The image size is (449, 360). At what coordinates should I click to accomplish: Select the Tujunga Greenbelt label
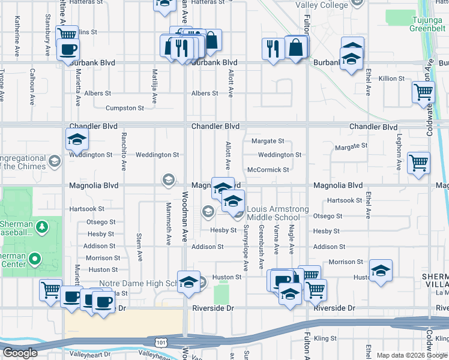click(426, 24)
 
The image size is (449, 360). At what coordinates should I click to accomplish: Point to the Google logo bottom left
click(19, 353)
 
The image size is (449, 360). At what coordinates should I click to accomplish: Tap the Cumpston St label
click(124, 109)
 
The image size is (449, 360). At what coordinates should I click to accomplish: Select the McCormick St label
click(268, 170)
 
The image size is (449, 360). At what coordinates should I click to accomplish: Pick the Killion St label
click(391, 79)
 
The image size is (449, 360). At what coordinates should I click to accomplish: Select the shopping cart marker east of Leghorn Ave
click(418, 162)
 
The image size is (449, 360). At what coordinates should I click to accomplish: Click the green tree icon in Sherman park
click(42, 226)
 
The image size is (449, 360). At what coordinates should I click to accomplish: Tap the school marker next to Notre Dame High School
click(188, 281)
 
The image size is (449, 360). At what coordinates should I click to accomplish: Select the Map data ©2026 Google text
click(411, 355)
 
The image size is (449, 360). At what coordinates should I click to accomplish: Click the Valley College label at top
click(322, 5)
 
